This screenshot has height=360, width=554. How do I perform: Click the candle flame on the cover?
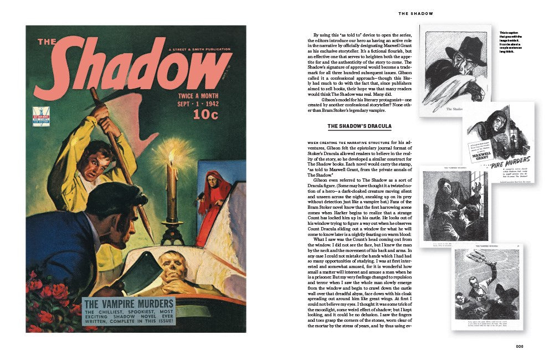tap(172, 158)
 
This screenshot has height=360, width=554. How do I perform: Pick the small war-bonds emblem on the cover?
tap(41, 116)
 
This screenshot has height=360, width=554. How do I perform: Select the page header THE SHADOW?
tap(416, 13)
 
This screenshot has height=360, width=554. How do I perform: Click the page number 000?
tap(519, 346)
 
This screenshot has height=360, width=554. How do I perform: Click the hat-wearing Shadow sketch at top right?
tap(455, 69)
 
